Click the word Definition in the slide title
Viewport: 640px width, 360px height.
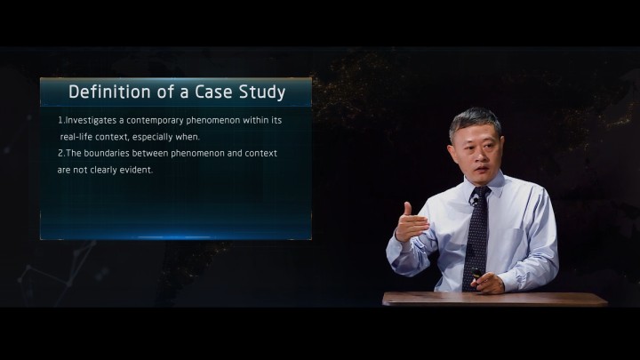coord(110,92)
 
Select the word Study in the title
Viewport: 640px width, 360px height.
coord(262,92)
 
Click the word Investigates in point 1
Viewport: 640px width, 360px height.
coord(91,120)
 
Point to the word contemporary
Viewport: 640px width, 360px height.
coord(155,120)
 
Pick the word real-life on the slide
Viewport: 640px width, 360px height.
coord(76,137)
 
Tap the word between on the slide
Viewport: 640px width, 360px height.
coord(150,153)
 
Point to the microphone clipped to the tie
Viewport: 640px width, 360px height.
coord(474,200)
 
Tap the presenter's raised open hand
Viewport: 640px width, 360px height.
coord(411,223)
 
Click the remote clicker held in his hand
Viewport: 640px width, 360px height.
coord(476,273)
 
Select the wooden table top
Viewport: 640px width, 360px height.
coord(495,299)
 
